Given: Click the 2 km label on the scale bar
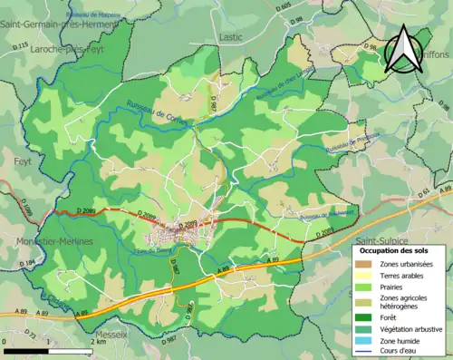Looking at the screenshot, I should coord(99,343).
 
